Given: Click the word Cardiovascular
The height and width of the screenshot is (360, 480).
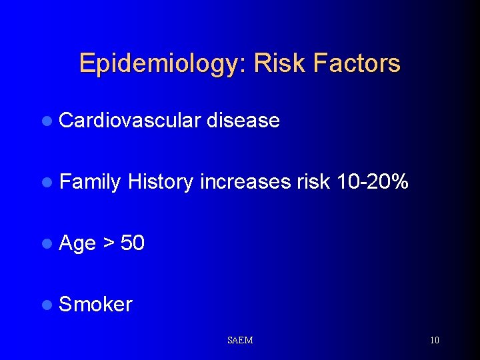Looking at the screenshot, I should pos(130,121).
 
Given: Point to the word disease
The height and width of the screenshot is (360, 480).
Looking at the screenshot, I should pos(243,121).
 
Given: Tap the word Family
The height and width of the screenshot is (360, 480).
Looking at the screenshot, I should pos(90,182).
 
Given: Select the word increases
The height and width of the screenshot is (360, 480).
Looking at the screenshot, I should pos(246,182).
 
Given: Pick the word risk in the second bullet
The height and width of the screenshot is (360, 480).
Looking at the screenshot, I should pos(313,182).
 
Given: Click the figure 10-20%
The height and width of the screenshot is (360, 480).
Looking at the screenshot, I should pos(372,181).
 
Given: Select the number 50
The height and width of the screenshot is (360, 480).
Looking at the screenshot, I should pos(133,243).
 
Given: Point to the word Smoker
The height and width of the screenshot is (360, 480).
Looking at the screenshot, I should pos(96,305).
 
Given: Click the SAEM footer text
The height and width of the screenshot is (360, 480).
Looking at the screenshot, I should pos(240,340).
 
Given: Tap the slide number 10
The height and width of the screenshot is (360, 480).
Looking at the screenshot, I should pos(435,340).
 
